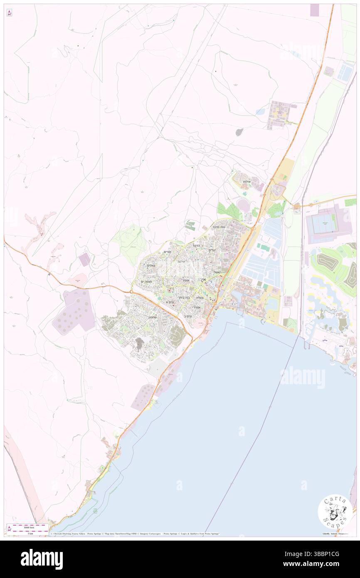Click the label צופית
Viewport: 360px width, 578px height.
[x=200, y=297]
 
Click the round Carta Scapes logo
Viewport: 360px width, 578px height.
[x=335, y=512]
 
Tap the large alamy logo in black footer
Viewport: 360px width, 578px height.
[x=42, y=559]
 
